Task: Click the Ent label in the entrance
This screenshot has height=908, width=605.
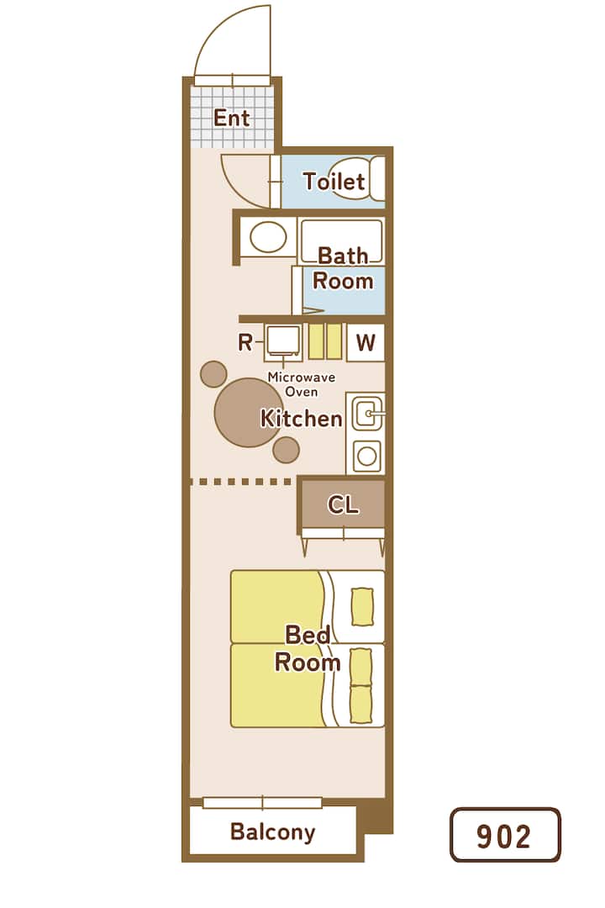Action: (x=232, y=119)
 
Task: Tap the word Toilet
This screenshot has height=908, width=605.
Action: (x=334, y=182)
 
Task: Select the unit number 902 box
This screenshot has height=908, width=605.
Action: (x=505, y=835)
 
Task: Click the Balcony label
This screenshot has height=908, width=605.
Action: (x=273, y=831)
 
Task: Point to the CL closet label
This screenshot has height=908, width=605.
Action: (x=344, y=505)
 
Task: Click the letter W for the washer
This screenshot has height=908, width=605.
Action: (x=366, y=343)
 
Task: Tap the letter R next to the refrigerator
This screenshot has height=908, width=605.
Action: (x=245, y=343)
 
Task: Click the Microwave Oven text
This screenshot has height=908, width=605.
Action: (x=301, y=384)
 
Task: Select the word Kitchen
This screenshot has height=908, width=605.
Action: (x=301, y=418)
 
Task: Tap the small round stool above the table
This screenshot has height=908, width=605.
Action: (x=213, y=374)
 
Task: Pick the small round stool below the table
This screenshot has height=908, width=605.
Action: (x=286, y=450)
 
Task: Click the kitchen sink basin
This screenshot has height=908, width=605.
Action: (x=366, y=414)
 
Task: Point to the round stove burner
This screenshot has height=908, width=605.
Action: (x=366, y=456)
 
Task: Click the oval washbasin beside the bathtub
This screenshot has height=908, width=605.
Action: (x=267, y=237)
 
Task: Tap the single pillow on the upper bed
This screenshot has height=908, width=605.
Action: (x=362, y=607)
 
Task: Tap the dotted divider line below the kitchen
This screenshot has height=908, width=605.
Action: (x=241, y=481)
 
